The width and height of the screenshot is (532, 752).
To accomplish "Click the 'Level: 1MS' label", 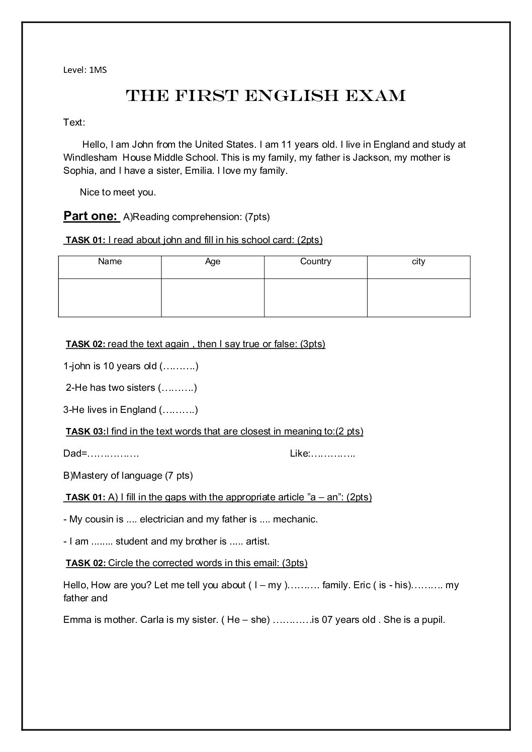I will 85,70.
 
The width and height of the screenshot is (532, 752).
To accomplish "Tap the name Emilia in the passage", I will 199,171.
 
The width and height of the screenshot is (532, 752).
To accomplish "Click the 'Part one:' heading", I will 91,216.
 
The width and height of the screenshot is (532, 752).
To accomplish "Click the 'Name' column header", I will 110,262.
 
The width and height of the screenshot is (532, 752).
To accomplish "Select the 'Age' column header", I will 213,262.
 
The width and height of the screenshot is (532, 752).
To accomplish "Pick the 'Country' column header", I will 315,262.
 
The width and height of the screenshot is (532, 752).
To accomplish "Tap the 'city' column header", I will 418,262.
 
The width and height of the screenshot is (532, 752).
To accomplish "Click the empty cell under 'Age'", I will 213,297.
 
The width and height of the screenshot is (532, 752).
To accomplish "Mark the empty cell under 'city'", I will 418,297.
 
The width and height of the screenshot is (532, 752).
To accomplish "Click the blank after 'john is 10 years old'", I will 179,366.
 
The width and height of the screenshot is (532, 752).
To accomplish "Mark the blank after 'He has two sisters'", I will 178,388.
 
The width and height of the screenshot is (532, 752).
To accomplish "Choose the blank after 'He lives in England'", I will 179,410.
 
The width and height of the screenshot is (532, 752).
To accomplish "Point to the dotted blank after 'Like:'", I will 333,454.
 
